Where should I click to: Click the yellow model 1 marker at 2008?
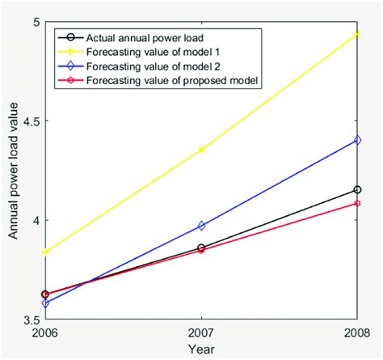click(357, 34)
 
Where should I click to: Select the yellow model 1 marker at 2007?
click(201, 150)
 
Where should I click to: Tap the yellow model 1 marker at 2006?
click(45, 252)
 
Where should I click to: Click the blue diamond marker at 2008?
click(357, 140)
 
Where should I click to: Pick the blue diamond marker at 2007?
click(201, 226)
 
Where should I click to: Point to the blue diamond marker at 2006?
click(45, 303)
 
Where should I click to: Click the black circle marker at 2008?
click(357, 189)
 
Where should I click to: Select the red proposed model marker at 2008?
click(357, 203)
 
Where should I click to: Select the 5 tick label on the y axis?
click(35, 22)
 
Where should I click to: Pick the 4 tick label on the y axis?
click(35, 220)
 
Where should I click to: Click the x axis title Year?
click(201, 349)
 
